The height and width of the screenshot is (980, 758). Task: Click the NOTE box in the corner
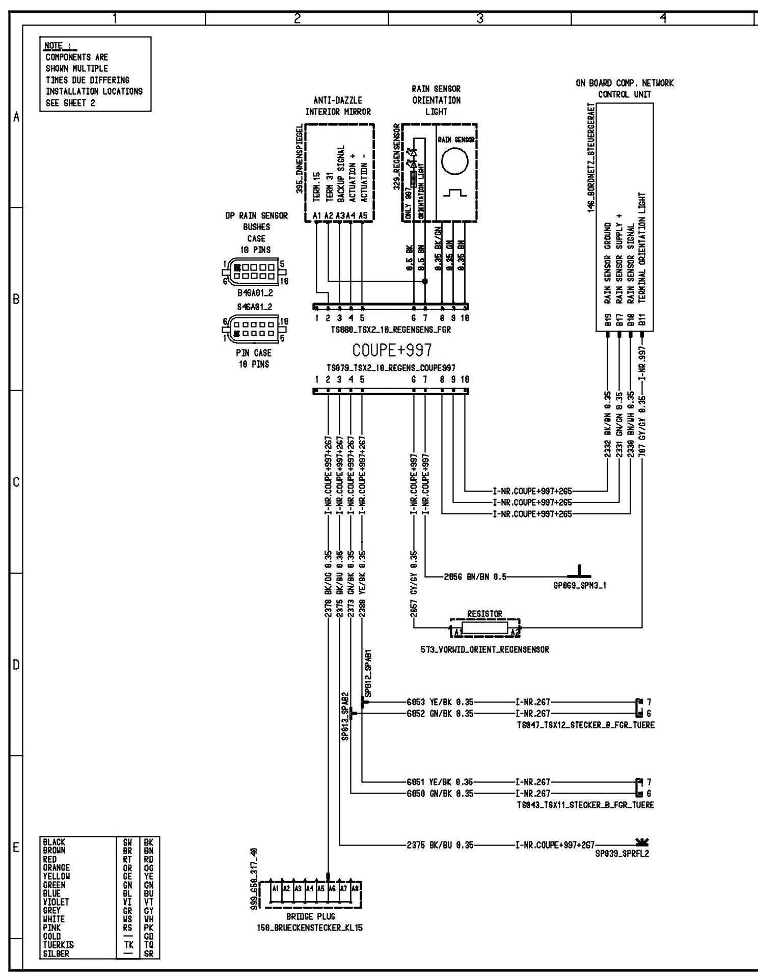pos(95,74)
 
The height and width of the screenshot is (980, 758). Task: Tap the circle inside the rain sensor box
pos(454,161)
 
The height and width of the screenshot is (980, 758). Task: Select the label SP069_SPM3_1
pos(580,585)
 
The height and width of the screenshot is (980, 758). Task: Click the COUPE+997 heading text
pos(392,350)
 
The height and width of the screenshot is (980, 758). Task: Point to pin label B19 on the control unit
pos(608,321)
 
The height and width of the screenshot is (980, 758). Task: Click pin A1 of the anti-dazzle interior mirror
pos(316,216)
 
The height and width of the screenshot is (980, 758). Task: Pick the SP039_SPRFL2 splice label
pos(622,854)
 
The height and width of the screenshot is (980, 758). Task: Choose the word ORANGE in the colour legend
pos(57,867)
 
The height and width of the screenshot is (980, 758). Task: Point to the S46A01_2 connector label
pos(255,307)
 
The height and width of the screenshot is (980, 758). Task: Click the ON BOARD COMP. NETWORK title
pos(625,83)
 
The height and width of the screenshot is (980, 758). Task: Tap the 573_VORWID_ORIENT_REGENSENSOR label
pos(484,649)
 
